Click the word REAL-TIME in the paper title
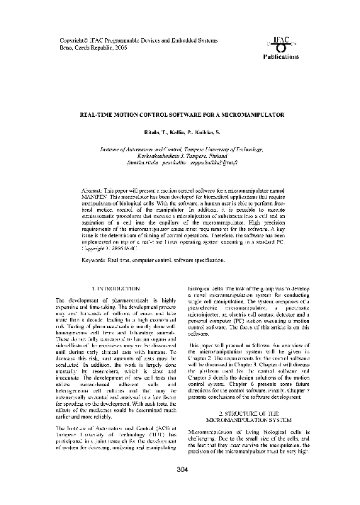point(102,113)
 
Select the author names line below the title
point(179,132)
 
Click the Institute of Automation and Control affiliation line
point(179,150)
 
